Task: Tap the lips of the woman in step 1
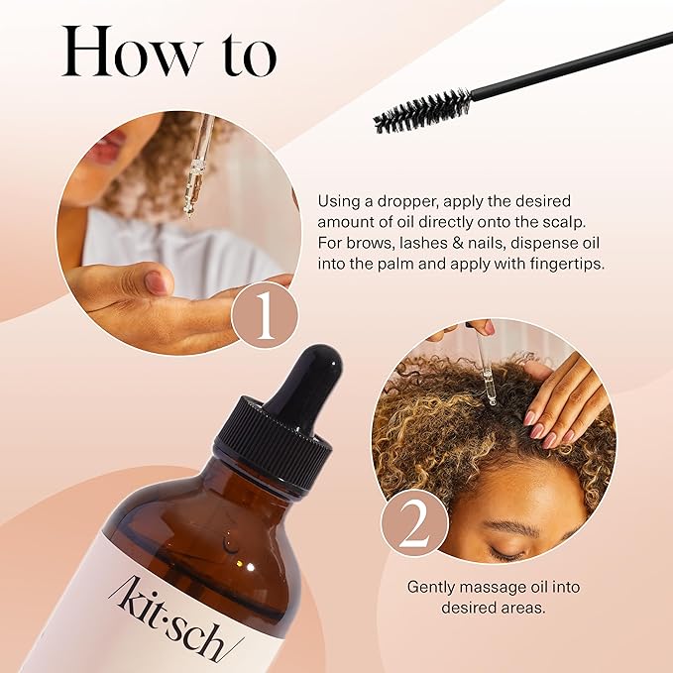point(103,149)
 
